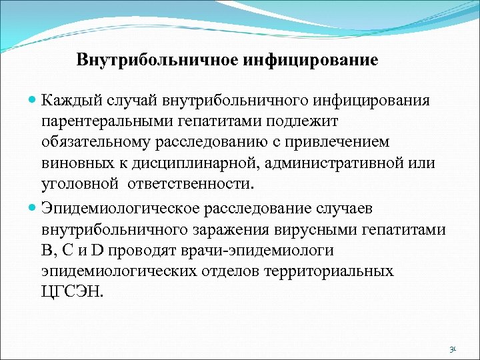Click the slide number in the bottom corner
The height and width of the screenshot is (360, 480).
click(453, 349)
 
